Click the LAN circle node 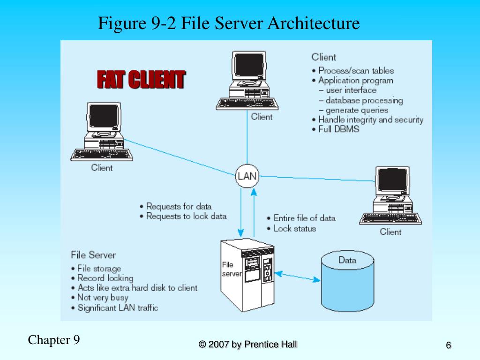point(247,176)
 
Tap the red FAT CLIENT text point(141,79)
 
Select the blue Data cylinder point(347,281)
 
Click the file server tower point(247,275)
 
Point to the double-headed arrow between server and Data point(297,277)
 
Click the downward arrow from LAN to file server point(241,212)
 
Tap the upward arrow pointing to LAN point(254,213)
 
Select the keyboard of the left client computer point(102,155)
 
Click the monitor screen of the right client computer point(392,180)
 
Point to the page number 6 point(448,345)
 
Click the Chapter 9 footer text point(54,340)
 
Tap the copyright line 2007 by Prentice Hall point(247,345)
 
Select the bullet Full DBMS point(336,129)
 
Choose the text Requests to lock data point(183,216)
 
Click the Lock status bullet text point(291,229)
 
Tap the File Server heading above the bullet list point(93,255)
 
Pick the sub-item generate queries point(353,110)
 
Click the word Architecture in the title point(314,23)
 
